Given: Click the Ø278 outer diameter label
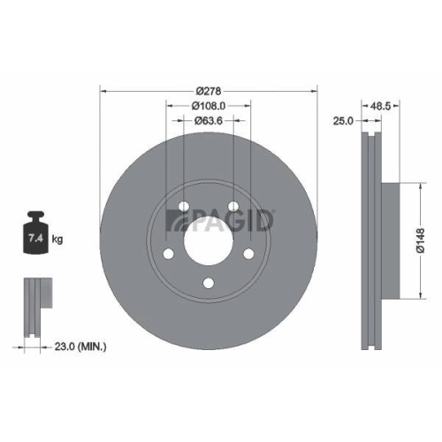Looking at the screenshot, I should click(209, 90).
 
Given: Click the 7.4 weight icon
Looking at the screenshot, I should click(36, 237).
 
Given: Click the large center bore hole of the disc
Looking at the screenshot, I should click(209, 239).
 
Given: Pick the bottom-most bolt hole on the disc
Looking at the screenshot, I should click(209, 283).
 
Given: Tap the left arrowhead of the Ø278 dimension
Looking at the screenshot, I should click(103, 90).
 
